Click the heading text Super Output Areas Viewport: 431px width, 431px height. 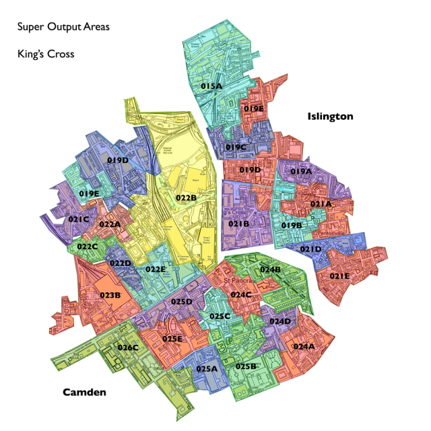[x=63, y=27]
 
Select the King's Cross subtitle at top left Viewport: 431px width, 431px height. [x=46, y=53]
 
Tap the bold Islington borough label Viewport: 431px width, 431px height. [x=330, y=116]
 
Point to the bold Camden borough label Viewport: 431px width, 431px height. [x=85, y=392]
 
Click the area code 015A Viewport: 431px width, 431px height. [x=211, y=86]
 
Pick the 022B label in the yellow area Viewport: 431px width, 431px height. [x=186, y=197]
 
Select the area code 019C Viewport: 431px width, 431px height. [x=236, y=147]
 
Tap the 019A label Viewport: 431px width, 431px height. [x=301, y=171]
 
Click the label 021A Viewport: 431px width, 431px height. [x=321, y=203]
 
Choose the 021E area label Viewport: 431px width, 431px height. [x=339, y=275]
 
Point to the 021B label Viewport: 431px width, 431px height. [x=239, y=224]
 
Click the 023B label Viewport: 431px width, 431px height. [x=110, y=294]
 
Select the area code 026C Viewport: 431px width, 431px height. [x=127, y=347]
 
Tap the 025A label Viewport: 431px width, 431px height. [x=207, y=368]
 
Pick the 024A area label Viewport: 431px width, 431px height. [x=304, y=346]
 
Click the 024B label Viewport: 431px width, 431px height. [x=270, y=269]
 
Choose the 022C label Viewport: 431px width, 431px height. [x=88, y=246]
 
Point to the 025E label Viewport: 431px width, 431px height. [x=172, y=338]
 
